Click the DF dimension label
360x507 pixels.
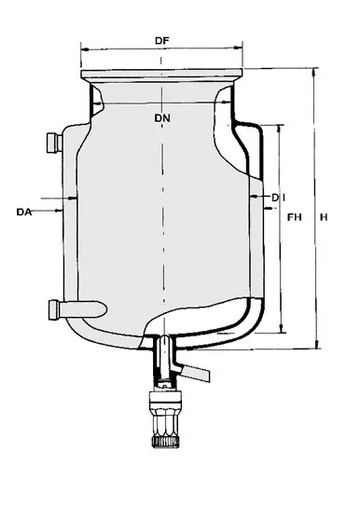162,41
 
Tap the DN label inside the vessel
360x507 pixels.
162,118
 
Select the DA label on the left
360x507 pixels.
24,212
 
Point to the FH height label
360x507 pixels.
295,217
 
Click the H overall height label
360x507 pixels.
324,217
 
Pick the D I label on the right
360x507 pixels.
278,198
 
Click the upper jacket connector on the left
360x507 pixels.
54,143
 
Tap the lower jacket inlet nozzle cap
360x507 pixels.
54,309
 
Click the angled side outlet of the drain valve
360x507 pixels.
197,374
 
